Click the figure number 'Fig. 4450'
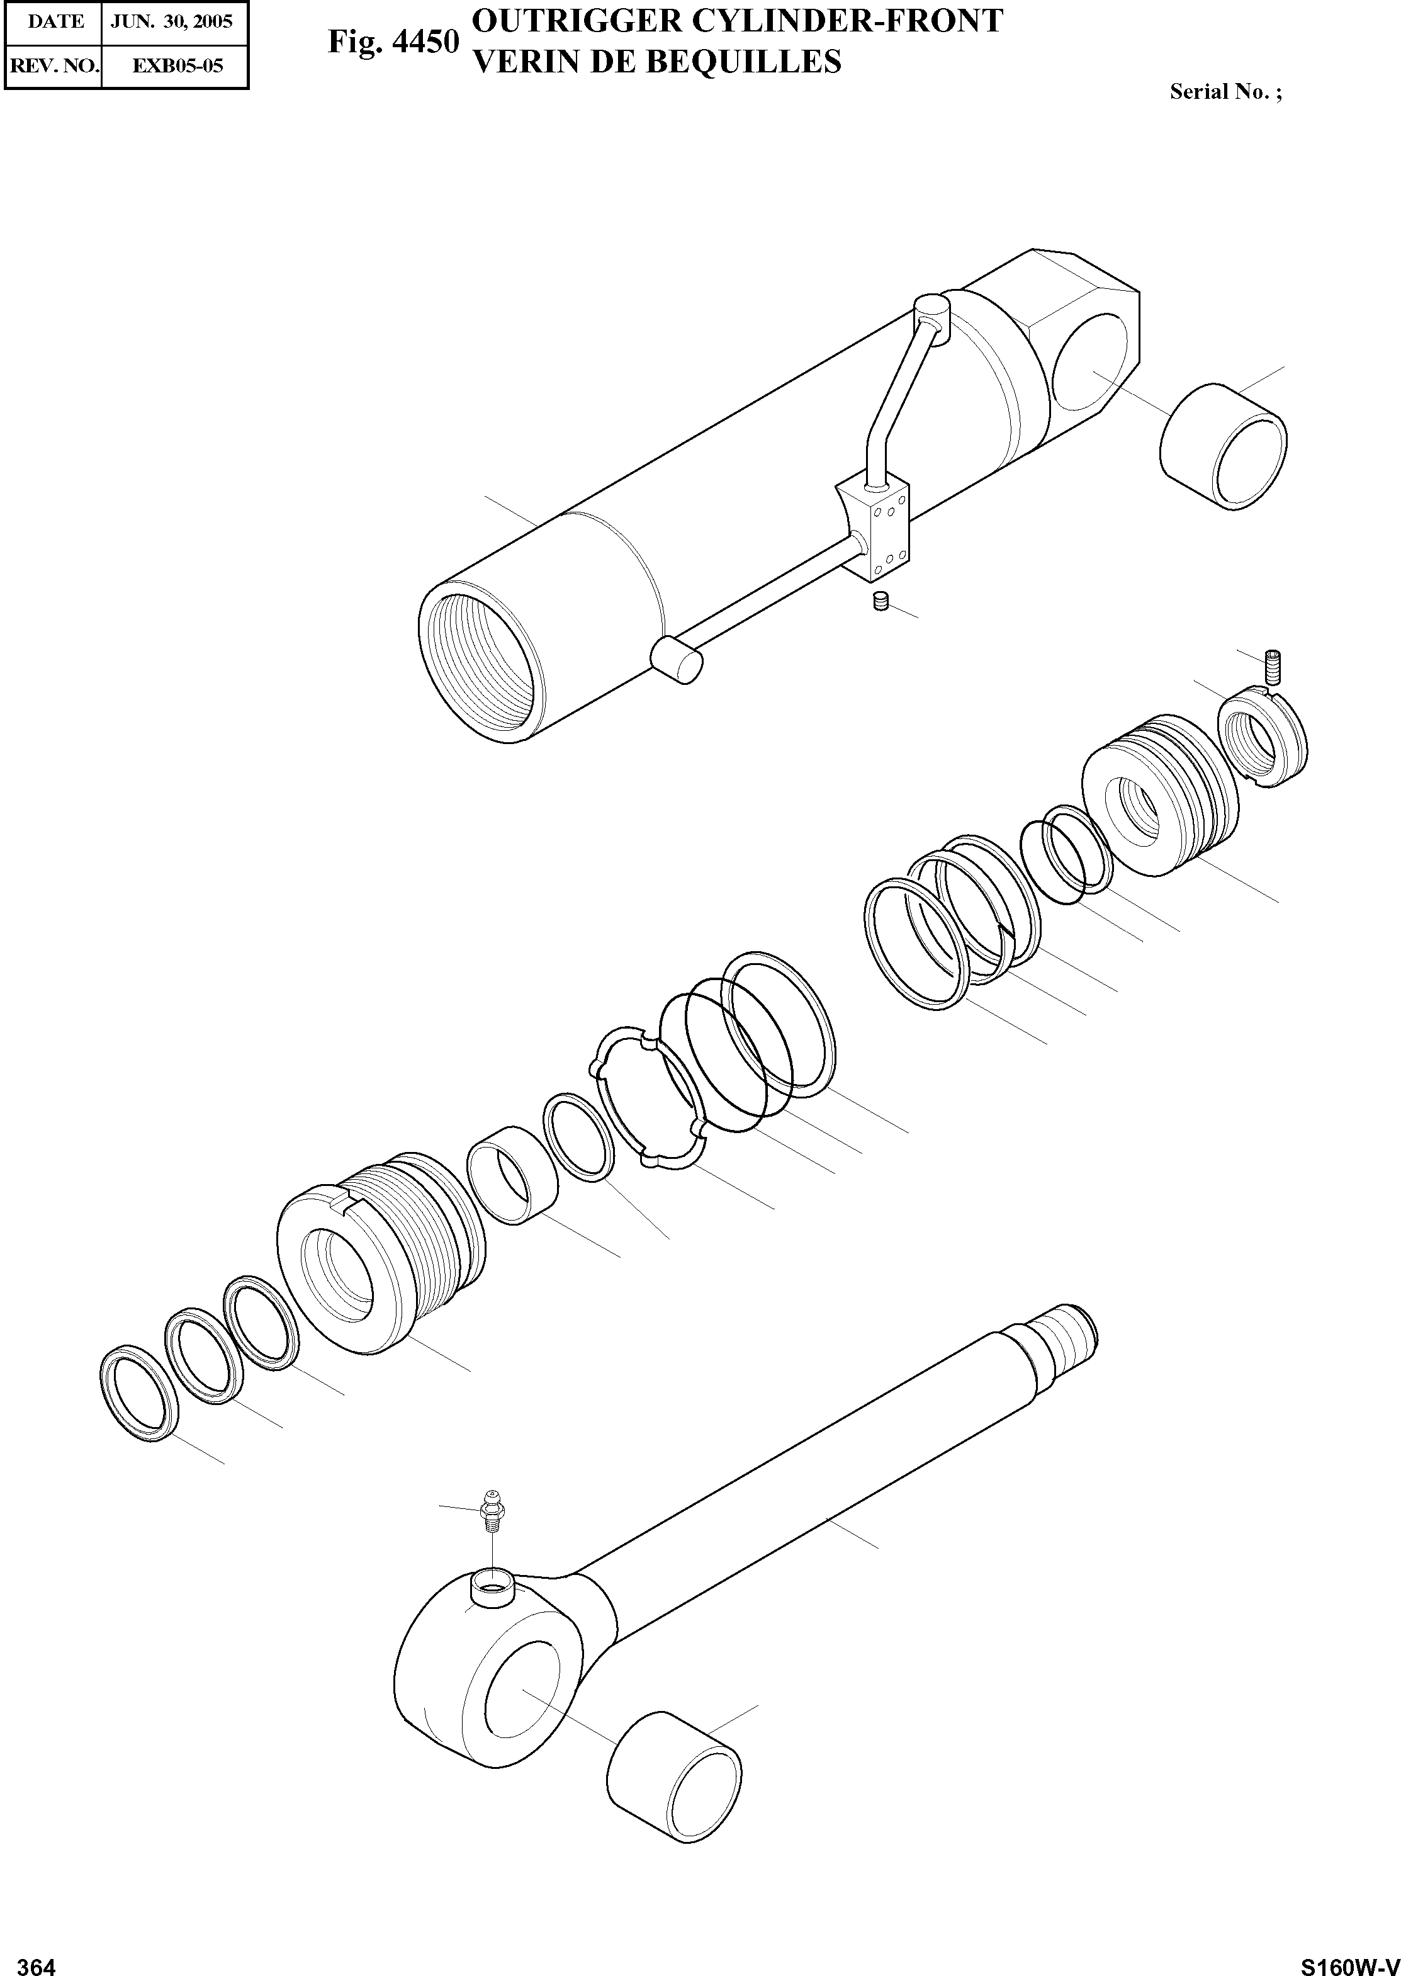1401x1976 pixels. click(393, 42)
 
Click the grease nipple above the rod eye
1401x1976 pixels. click(491, 1510)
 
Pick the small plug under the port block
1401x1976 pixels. click(881, 601)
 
